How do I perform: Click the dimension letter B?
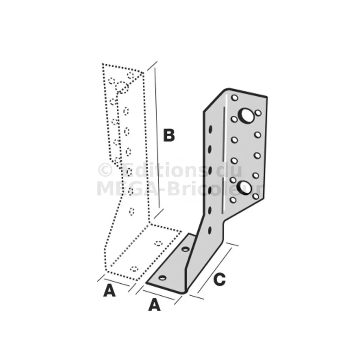(x=169, y=135)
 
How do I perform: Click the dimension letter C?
(x=219, y=279)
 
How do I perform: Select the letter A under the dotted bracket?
(x=109, y=290)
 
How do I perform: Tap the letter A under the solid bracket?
(x=154, y=305)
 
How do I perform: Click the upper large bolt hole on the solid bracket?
(x=246, y=116)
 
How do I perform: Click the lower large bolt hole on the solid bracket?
(x=245, y=188)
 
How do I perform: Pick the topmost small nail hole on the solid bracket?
(x=234, y=98)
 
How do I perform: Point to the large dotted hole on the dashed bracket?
(x=122, y=87)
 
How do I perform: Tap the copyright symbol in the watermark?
(x=105, y=170)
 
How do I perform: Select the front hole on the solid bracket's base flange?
(x=162, y=278)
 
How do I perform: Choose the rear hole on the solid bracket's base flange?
(x=186, y=249)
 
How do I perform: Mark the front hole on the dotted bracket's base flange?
(x=134, y=269)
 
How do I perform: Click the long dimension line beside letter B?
(x=157, y=138)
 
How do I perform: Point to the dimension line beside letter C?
(x=214, y=270)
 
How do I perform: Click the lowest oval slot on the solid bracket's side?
(x=210, y=230)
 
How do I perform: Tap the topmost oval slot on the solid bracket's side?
(x=210, y=129)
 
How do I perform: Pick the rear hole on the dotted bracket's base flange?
(x=159, y=243)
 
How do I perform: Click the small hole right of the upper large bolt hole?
(x=258, y=113)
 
